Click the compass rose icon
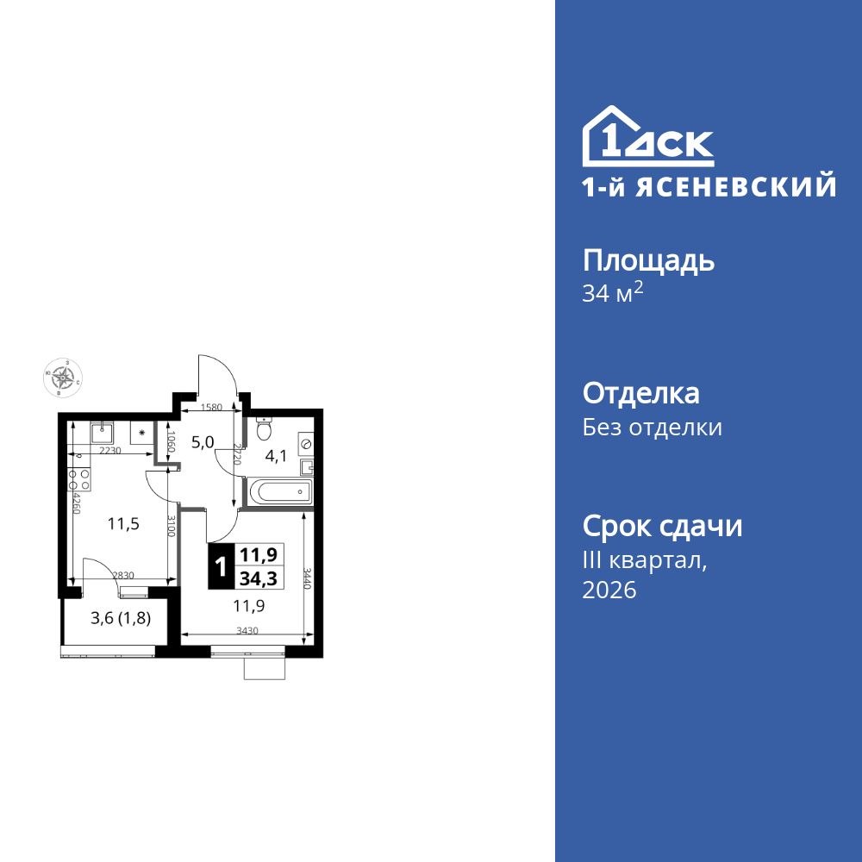(x=62, y=377)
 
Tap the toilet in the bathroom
(x=265, y=428)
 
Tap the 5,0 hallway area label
(x=203, y=443)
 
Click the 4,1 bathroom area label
(x=276, y=457)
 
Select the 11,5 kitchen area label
(x=123, y=523)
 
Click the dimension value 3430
(x=247, y=631)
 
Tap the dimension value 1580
(x=211, y=408)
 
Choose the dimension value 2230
(x=109, y=451)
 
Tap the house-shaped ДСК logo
(x=647, y=137)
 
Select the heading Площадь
(x=648, y=260)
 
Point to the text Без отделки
(x=652, y=428)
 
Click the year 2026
(x=609, y=590)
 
